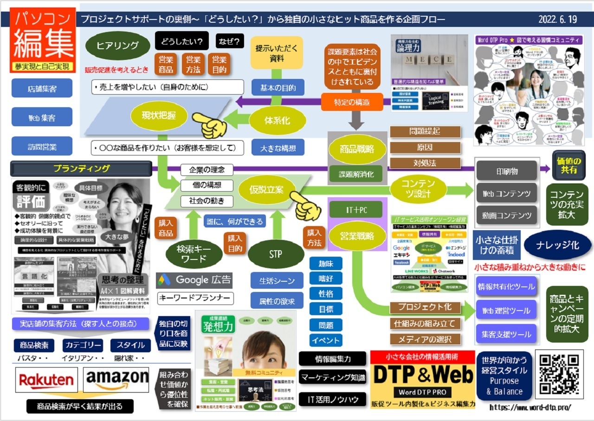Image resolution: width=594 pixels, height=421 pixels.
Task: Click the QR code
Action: tap(559, 375)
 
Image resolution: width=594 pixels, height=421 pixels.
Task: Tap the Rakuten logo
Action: tap(46, 380)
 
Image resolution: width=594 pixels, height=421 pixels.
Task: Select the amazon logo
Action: tap(116, 380)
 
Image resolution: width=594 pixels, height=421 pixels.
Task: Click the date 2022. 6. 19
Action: tap(557, 19)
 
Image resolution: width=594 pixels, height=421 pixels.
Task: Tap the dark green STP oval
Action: tap(275, 254)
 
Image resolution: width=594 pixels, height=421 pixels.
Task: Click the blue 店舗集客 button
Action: tap(42, 89)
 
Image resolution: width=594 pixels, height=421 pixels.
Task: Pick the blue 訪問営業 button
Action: tap(42, 147)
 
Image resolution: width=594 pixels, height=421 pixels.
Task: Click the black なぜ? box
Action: tap(230, 42)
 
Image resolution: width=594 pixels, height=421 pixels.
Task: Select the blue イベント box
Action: tap(326, 340)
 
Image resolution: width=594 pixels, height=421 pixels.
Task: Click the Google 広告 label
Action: tap(194, 280)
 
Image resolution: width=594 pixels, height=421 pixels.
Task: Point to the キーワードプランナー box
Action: tap(195, 298)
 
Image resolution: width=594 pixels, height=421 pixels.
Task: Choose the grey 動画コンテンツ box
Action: tap(507, 215)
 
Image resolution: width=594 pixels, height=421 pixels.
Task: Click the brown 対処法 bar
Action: tap(425, 163)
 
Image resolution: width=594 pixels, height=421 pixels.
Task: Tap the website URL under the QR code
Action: tap(530, 407)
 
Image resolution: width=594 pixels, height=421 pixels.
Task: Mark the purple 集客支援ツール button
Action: tap(506, 334)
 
